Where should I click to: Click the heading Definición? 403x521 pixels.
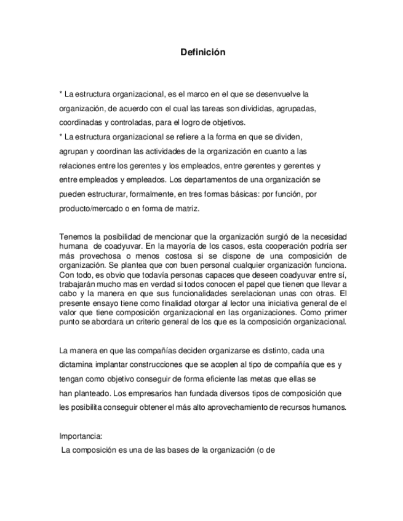(202, 53)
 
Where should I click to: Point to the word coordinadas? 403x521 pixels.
(80, 122)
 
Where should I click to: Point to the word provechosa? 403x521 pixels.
(95, 256)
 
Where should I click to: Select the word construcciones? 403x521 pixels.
(169, 364)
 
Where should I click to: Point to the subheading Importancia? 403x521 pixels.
(81, 436)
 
